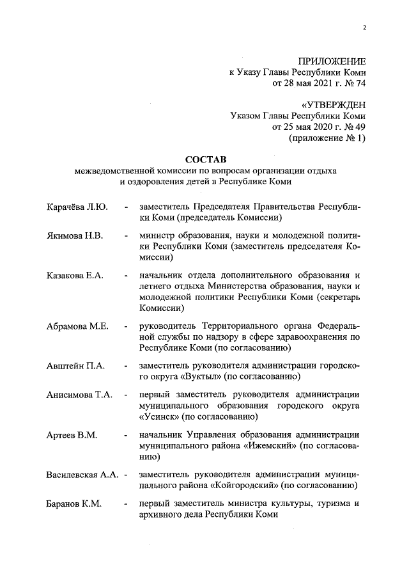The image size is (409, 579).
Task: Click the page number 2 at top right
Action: pyautogui.click(x=364, y=28)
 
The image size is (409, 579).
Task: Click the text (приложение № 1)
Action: pyautogui.click(x=328, y=138)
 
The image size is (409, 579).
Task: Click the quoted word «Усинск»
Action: pyautogui.click(x=158, y=416)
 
